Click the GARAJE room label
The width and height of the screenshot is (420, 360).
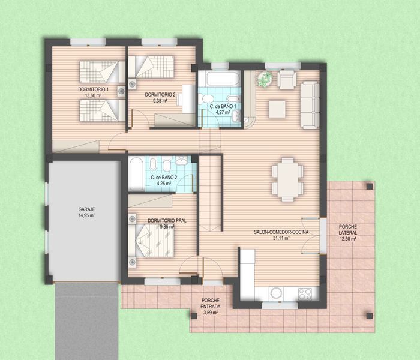pyautogui.click(x=87, y=209)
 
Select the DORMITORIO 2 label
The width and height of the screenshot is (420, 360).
pyautogui.click(x=160, y=95)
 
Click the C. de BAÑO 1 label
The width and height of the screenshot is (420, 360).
pyautogui.click(x=223, y=106)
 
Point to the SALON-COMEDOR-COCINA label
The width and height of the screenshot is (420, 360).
pyautogui.click(x=281, y=232)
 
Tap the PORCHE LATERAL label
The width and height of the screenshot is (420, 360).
pyautogui.click(x=347, y=230)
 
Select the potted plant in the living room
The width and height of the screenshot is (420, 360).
pyautogui.click(x=265, y=79)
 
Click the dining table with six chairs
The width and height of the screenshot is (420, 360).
pyautogui.click(x=287, y=179)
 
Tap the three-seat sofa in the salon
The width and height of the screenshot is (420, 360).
pyautogui.click(x=310, y=105)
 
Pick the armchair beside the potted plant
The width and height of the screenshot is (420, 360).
pyautogui.click(x=287, y=79)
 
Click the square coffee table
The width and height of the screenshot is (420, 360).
pyautogui.click(x=277, y=109)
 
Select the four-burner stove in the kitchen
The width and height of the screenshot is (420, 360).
pyautogui.click(x=305, y=294)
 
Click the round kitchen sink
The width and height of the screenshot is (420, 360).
pyautogui.click(x=276, y=293)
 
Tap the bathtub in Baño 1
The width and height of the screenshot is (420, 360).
pyautogui.click(x=223, y=79)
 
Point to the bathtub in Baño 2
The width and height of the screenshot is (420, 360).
pyautogui.click(x=136, y=173)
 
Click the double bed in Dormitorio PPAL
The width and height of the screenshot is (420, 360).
pyautogui.click(x=151, y=241)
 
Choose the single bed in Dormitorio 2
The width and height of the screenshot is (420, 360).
pyautogui.click(x=151, y=67)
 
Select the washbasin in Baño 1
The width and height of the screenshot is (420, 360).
pyautogui.click(x=236, y=116)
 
